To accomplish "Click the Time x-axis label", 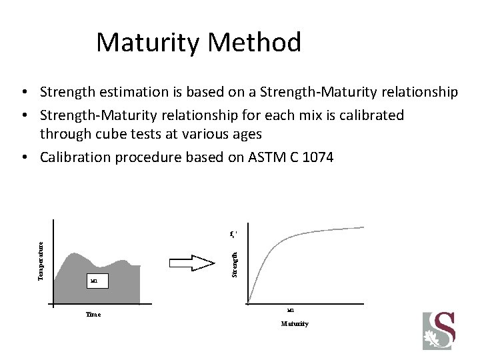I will tap(93, 314).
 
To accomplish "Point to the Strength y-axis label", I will tap(234, 263).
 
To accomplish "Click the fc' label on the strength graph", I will tap(234, 235).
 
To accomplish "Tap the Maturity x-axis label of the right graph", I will tap(294, 323).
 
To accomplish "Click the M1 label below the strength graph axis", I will tap(290, 309).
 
